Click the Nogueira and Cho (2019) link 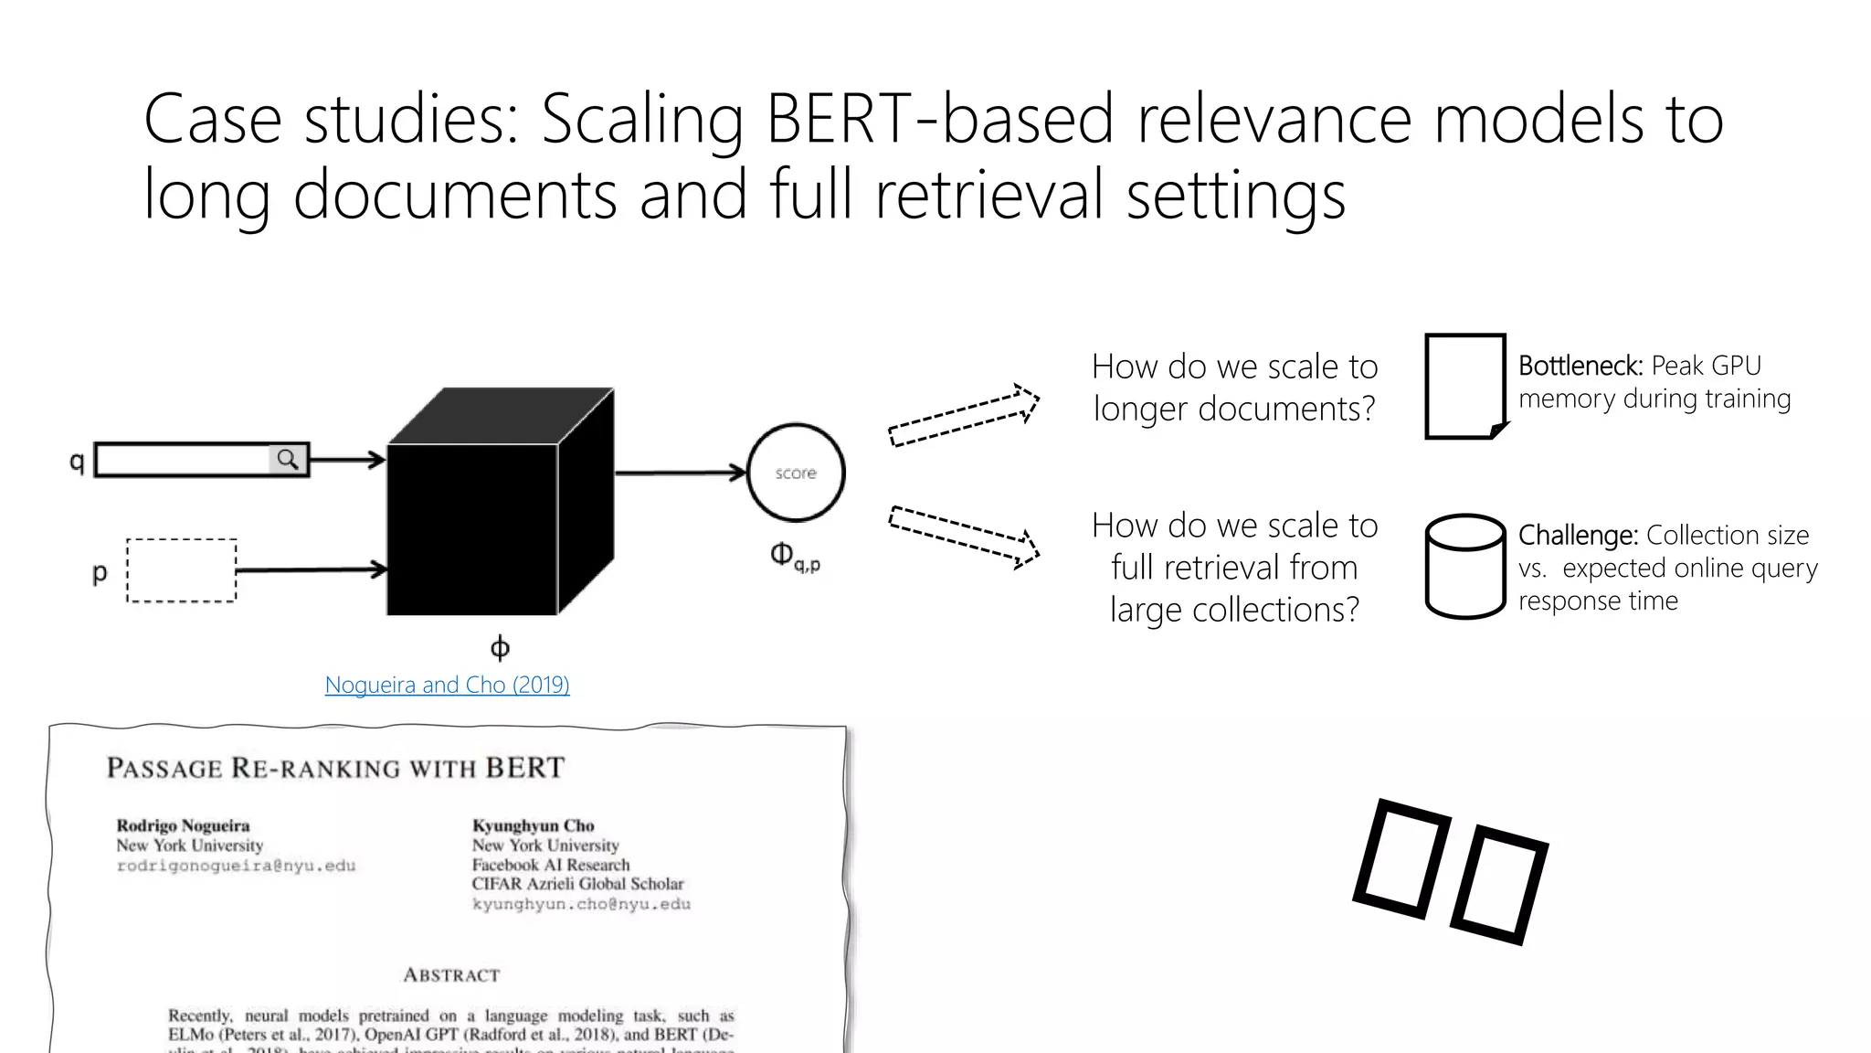(x=447, y=685)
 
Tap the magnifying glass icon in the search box (x=288, y=459)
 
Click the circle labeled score (x=796, y=473)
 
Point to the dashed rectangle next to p (x=181, y=570)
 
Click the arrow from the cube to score (x=681, y=473)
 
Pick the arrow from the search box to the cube (x=347, y=459)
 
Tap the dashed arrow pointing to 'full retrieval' (x=964, y=537)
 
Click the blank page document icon (x=1464, y=386)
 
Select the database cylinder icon (x=1464, y=567)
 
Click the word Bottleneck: (x=1580, y=366)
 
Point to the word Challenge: (x=1578, y=535)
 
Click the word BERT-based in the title (x=940, y=119)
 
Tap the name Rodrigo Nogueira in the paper (x=183, y=825)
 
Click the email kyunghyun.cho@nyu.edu (x=581, y=904)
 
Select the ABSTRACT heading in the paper (x=451, y=975)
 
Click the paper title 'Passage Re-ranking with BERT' (x=336, y=768)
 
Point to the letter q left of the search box (x=77, y=462)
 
